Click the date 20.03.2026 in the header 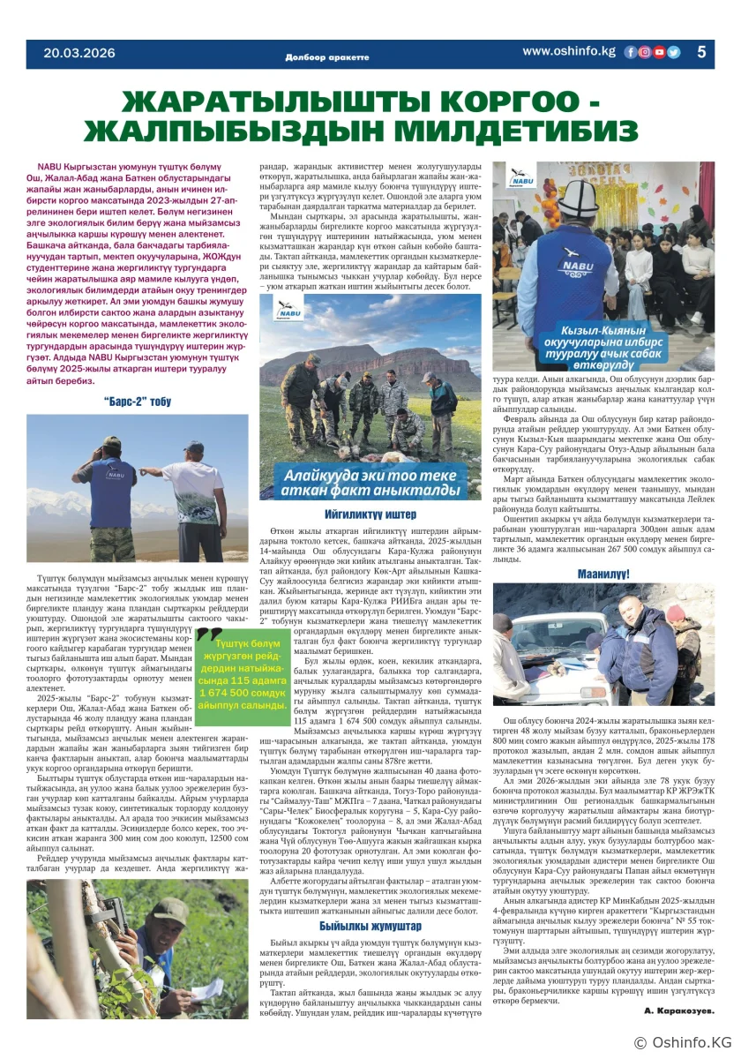pos(79,53)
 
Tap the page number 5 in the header pos(701,52)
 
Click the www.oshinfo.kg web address pos(568,51)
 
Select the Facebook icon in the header pos(630,52)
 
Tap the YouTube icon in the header pos(659,52)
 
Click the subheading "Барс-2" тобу pos(138,402)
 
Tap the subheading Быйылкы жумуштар pos(370,926)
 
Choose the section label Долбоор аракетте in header pos(326,56)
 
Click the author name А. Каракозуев pos(678,1010)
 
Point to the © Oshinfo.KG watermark pos(683,1043)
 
